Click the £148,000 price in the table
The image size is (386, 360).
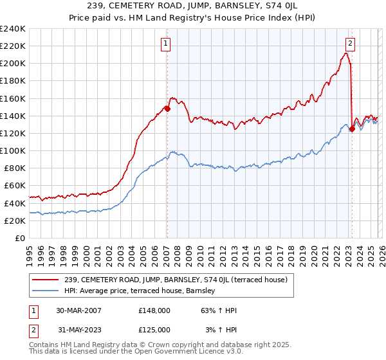point(154,310)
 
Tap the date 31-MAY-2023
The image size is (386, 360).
point(78,330)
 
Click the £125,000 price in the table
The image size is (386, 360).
point(154,330)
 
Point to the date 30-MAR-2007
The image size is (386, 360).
point(78,310)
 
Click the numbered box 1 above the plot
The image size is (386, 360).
point(166,44)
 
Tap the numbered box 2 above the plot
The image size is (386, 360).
point(350,44)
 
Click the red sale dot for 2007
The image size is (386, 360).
point(167,109)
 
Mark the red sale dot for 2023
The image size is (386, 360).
point(352,129)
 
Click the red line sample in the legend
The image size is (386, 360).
point(46,280)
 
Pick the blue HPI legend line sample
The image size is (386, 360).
point(46,291)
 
